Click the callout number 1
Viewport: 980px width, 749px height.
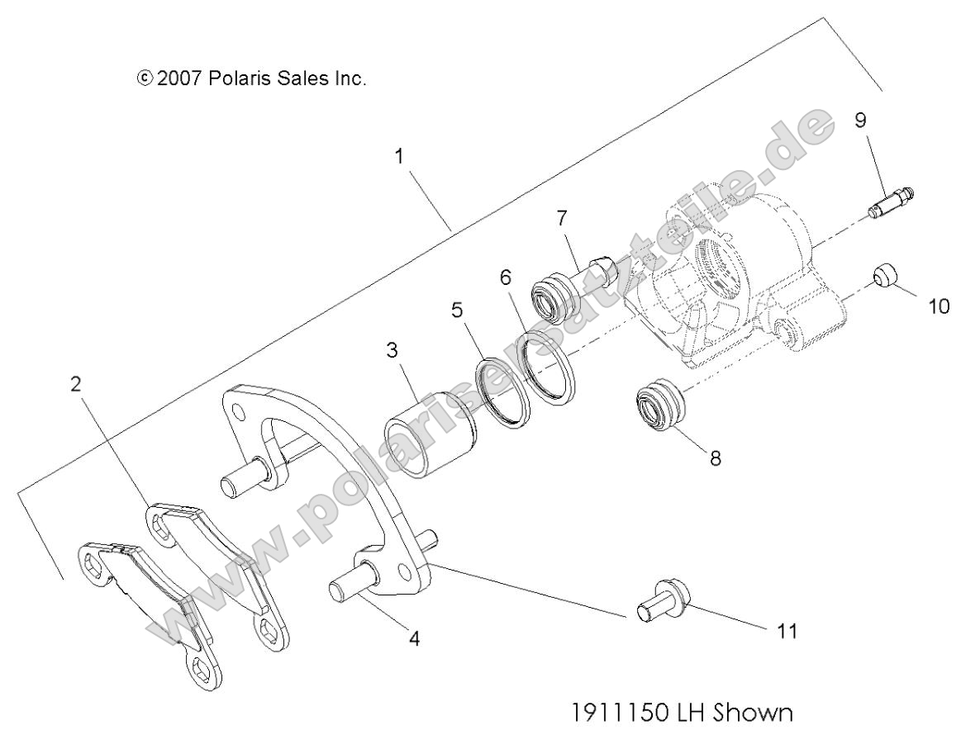[400, 156]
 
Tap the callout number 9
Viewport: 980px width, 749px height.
[860, 121]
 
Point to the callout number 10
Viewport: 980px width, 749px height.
[939, 306]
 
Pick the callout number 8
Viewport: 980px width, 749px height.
[715, 457]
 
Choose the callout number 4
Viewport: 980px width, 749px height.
[415, 638]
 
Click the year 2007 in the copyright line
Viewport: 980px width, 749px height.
[179, 79]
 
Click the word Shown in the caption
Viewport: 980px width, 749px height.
[757, 711]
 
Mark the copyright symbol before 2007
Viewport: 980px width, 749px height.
[145, 79]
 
